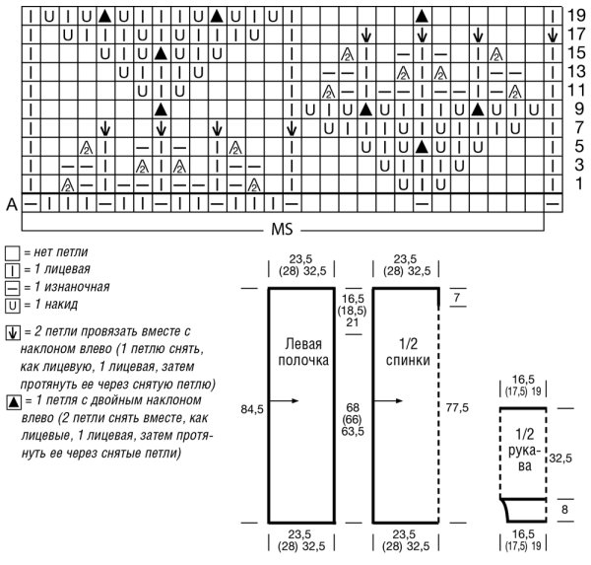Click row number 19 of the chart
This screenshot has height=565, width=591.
pyautogui.click(x=577, y=16)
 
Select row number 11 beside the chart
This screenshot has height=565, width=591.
pyautogui.click(x=578, y=91)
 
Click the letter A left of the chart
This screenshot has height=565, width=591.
pyautogui.click(x=9, y=202)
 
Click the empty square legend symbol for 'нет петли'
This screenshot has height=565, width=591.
pyautogui.click(x=10, y=253)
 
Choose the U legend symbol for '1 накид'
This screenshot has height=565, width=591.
pyautogui.click(x=10, y=305)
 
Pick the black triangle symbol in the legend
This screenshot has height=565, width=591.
pyautogui.click(x=10, y=401)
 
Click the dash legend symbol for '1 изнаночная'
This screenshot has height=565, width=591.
pyautogui.click(x=10, y=288)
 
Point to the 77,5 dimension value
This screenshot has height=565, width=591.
pyautogui.click(x=455, y=405)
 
